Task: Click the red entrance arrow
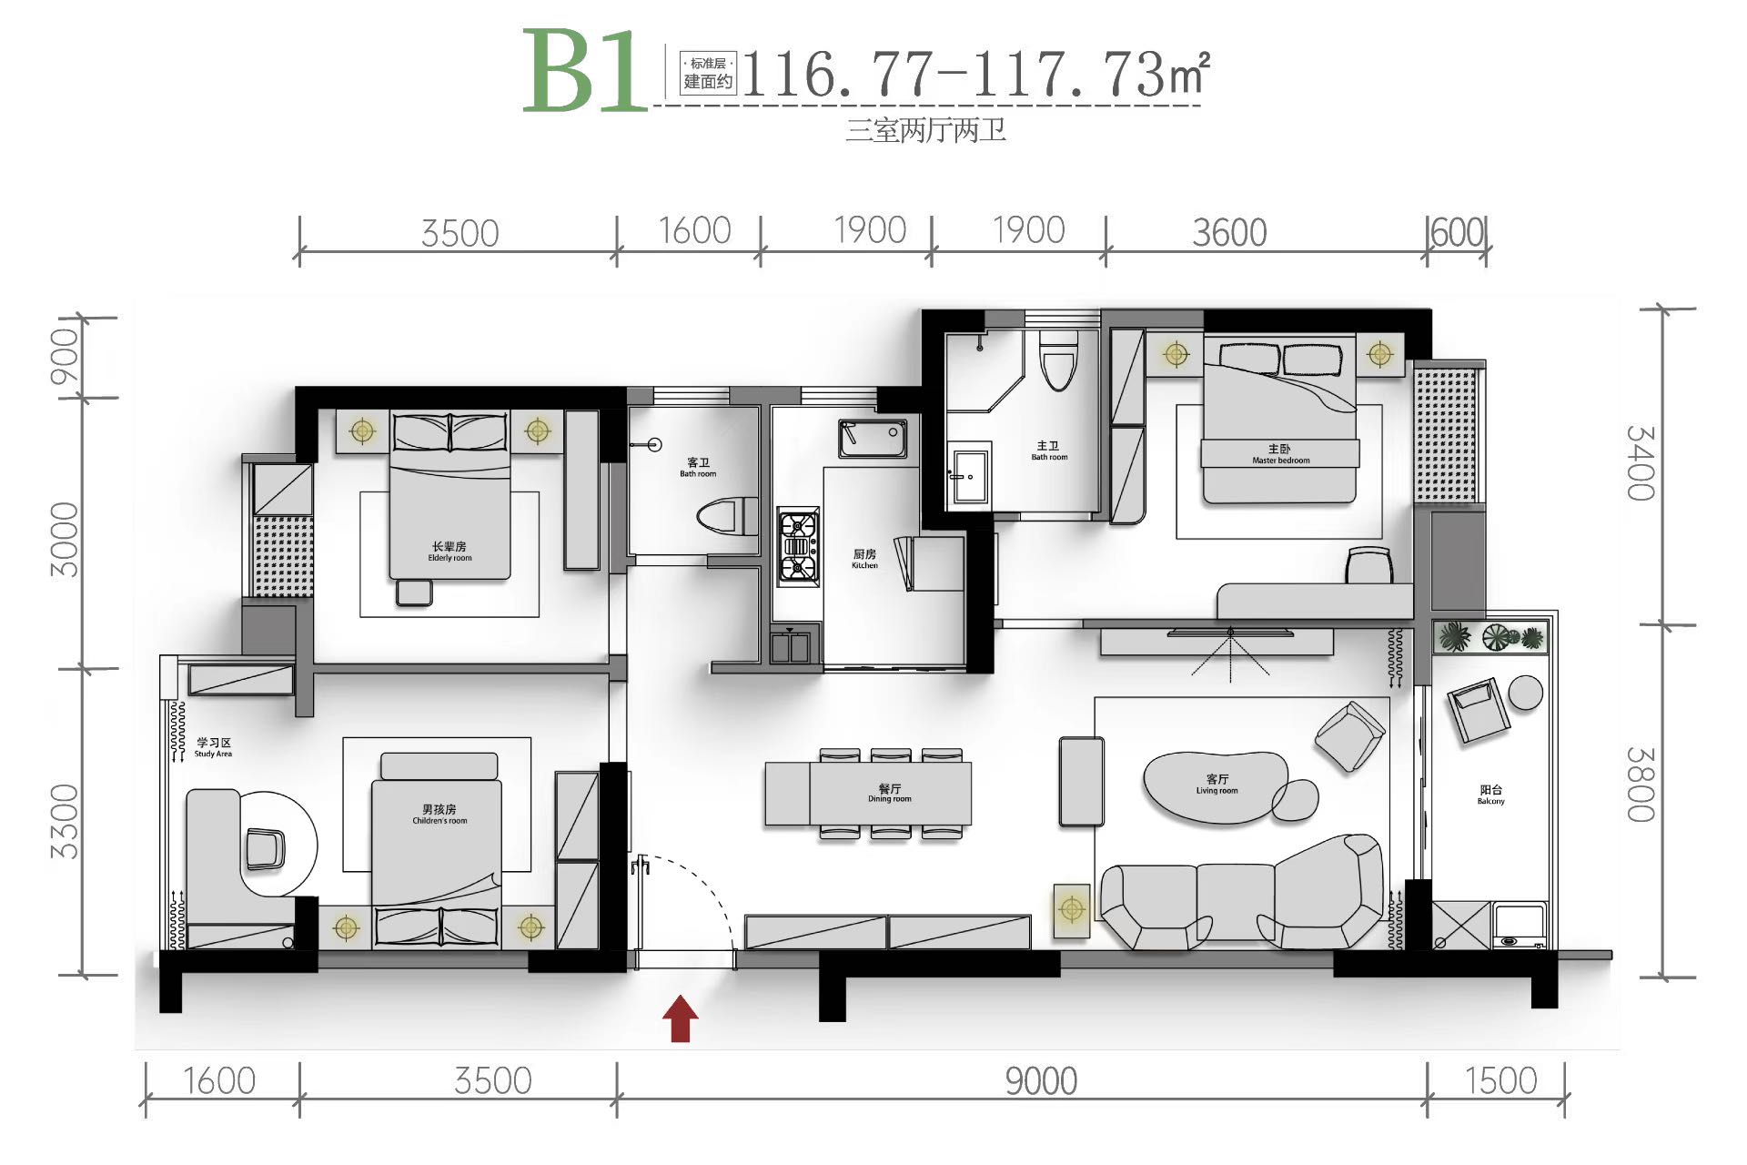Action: (680, 1018)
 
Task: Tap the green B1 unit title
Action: (584, 71)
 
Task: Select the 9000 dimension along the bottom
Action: (1041, 1081)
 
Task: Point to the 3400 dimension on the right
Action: (1641, 463)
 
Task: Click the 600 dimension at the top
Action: (1458, 232)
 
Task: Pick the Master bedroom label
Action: (1280, 454)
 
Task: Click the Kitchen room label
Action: (864, 559)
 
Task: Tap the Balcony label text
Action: (1490, 795)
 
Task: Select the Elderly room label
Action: (449, 552)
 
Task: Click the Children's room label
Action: (439, 814)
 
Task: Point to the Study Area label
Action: (213, 747)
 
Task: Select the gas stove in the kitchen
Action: (798, 547)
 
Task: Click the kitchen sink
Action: (873, 439)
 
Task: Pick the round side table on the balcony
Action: (1526, 693)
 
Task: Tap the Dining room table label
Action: (889, 793)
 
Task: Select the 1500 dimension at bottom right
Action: (1500, 1081)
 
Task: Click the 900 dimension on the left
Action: (65, 357)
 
